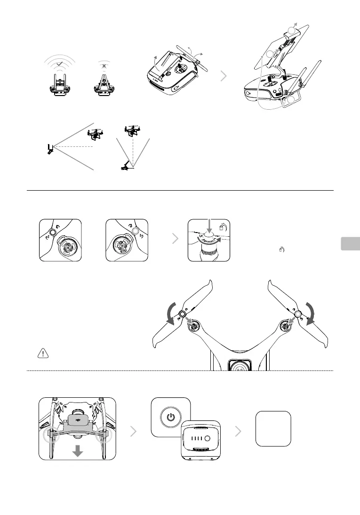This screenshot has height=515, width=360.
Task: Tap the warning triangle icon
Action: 42,354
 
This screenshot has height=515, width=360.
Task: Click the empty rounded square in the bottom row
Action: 273,428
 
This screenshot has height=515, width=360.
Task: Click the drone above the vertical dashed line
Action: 131,130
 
